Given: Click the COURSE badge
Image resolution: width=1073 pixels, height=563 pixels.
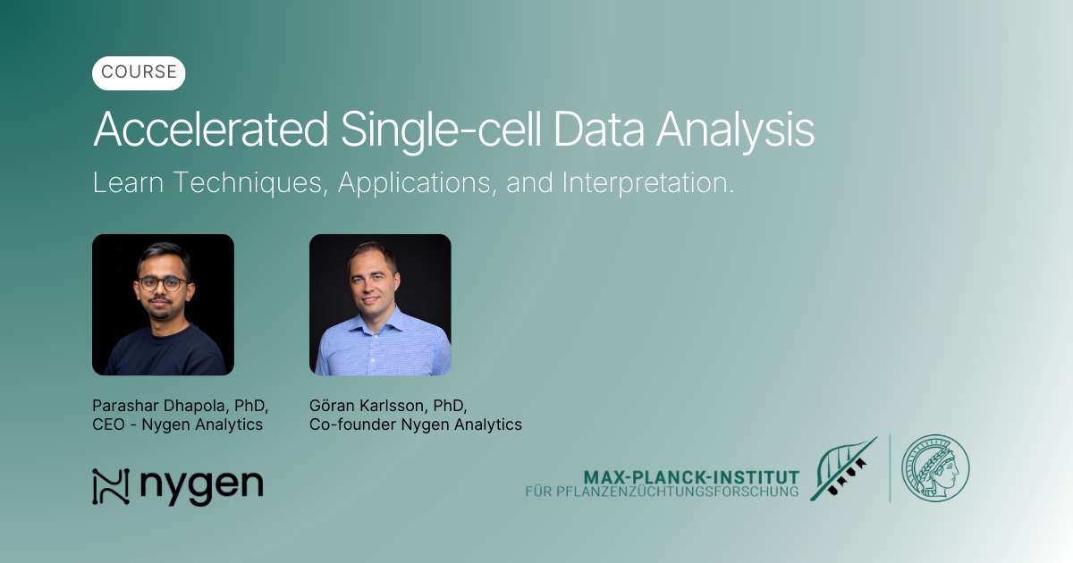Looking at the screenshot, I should [x=139, y=73].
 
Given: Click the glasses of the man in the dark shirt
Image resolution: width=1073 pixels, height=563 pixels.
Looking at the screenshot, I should [x=163, y=283].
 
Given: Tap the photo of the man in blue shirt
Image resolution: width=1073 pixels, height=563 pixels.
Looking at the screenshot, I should [x=380, y=305].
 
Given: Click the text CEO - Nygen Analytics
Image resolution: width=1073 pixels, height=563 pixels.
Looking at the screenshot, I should [x=177, y=424].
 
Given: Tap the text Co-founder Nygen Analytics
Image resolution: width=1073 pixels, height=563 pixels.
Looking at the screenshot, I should [x=415, y=424].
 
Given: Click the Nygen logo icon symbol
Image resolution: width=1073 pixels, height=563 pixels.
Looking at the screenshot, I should [x=111, y=486].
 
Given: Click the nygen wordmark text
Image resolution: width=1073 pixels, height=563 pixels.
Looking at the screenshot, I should [x=201, y=487].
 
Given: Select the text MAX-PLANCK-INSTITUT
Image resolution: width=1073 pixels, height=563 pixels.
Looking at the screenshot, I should [x=690, y=476].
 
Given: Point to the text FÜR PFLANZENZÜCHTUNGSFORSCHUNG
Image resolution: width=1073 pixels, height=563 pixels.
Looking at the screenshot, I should [x=662, y=492].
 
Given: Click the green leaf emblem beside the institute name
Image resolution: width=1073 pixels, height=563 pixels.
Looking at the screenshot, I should [x=842, y=469].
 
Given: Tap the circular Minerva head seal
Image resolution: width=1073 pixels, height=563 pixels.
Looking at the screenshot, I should [x=935, y=468].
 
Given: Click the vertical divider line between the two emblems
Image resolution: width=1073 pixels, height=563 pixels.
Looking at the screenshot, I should [x=890, y=468].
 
